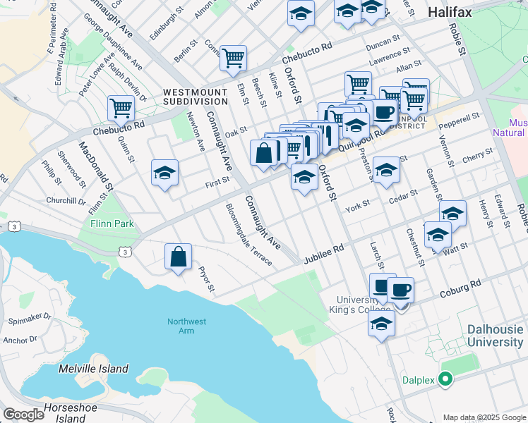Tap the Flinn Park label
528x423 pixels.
(x=112, y=224)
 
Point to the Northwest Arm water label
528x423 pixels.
(x=186, y=326)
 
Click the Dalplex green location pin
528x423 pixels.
(x=445, y=379)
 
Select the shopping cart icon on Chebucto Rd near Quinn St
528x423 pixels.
(x=121, y=109)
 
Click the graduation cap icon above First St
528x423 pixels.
(x=164, y=173)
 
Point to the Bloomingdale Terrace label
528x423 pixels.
(x=248, y=234)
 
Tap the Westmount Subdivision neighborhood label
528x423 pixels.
(x=195, y=97)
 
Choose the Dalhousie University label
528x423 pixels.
(x=495, y=336)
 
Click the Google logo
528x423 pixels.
(x=23, y=415)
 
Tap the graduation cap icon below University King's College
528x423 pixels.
(x=380, y=324)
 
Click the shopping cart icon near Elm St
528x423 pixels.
(x=233, y=59)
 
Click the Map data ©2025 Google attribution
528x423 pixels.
(x=484, y=417)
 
